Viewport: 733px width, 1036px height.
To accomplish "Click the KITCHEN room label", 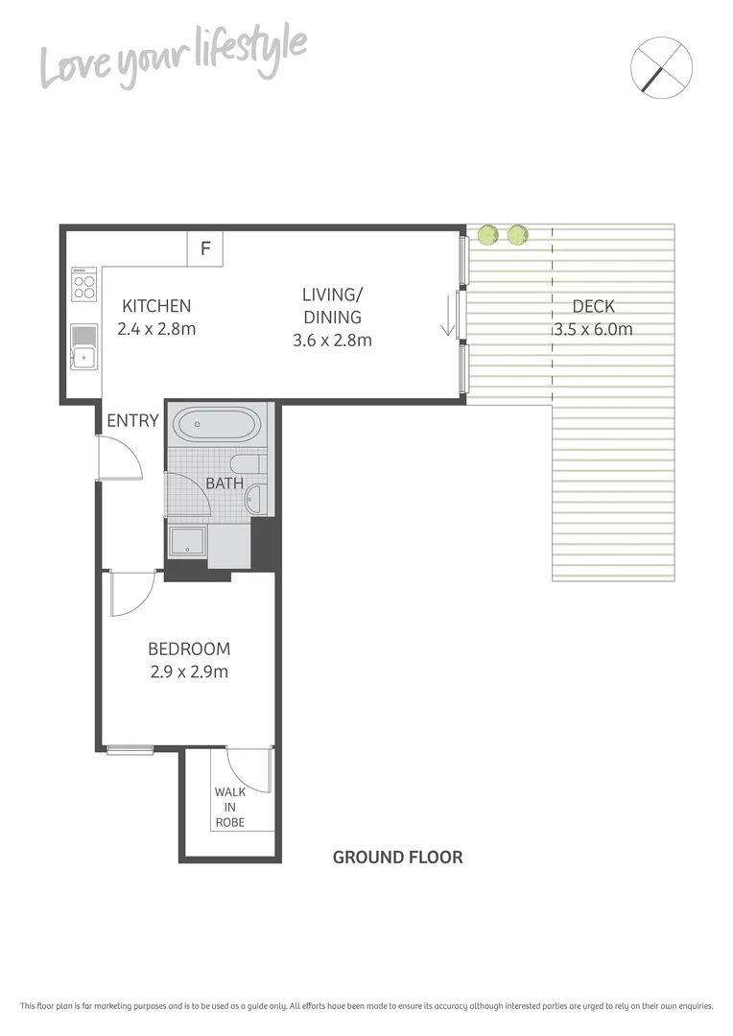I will point(155,306).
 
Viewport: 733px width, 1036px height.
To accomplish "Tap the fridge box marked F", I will point(204,248).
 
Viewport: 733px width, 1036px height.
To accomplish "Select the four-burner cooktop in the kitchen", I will point(83,284).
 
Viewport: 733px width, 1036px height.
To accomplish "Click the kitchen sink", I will point(83,348).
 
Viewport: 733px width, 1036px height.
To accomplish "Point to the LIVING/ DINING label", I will point(333,305).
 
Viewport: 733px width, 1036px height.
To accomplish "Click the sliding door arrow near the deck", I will point(447,318).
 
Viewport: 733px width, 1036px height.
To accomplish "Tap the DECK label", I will point(592,306).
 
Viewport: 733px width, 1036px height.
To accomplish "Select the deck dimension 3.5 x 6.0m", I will point(592,329).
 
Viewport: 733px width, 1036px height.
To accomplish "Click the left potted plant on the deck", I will point(488,234).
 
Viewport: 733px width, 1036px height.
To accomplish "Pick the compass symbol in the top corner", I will point(662,66).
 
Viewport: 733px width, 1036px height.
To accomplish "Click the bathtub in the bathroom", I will point(216,424).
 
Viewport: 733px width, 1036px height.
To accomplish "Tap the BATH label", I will point(225,483).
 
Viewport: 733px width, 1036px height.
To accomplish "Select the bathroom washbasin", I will point(255,498).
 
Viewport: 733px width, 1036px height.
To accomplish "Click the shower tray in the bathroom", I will point(187,542).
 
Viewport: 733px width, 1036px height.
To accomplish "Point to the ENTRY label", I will point(131,420).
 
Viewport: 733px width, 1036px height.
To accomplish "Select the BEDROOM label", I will point(189,648).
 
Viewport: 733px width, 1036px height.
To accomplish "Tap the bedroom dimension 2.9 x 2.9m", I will point(189,671).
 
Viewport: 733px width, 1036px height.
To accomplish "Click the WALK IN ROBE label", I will point(229,807).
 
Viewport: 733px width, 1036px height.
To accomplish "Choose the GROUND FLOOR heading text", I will point(397,857).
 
